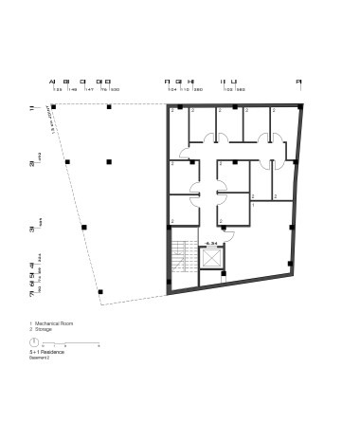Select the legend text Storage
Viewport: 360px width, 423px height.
(x=46, y=330)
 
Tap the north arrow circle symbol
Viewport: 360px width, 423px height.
(x=33, y=341)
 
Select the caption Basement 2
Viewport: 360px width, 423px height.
(x=41, y=359)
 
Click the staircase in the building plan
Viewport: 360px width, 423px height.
(x=183, y=258)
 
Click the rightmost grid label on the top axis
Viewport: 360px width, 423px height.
(x=298, y=83)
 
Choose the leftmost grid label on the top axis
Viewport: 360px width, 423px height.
(x=52, y=83)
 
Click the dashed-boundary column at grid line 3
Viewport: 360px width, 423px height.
(x=84, y=228)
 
